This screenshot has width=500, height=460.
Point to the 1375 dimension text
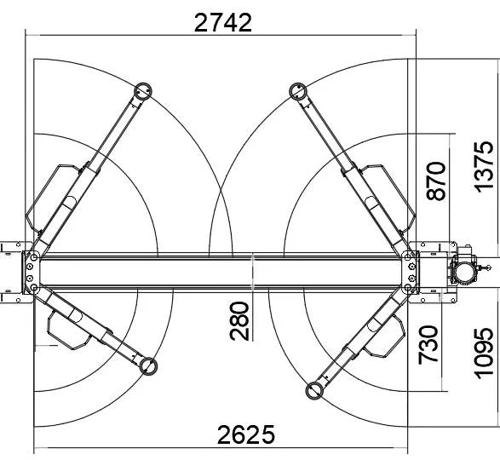point(482,170)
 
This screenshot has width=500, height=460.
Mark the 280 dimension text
point(241,319)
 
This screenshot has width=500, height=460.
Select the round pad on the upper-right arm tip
point(298,89)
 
